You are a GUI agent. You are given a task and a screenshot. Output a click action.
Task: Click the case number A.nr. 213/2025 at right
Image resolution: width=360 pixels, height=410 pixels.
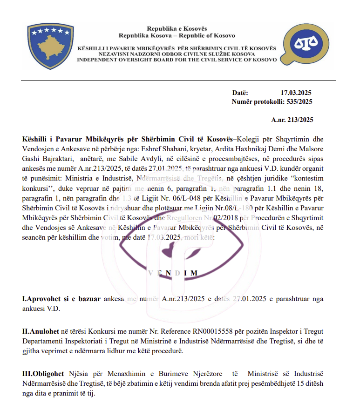click(292, 120)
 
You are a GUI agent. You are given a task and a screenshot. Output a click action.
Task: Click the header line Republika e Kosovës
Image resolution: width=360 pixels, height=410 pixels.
click(177, 29)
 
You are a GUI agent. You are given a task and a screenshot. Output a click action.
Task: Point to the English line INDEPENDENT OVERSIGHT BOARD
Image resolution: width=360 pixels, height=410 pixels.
click(177, 60)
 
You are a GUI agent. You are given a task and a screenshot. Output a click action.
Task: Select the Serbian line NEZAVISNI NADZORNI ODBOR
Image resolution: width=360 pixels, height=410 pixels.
click(177, 54)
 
